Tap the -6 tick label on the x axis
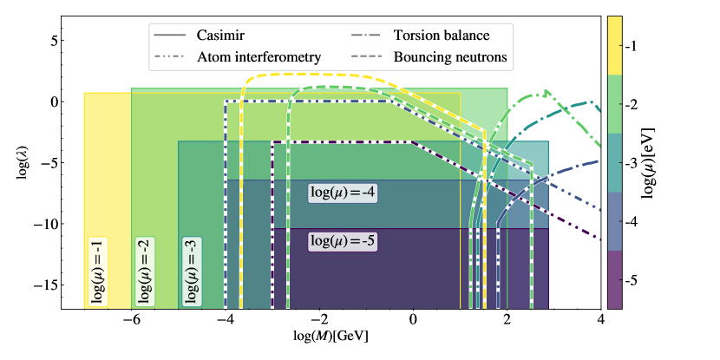(x=131, y=319)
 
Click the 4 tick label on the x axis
(x=600, y=319)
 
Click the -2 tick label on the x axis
(x=319, y=319)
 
